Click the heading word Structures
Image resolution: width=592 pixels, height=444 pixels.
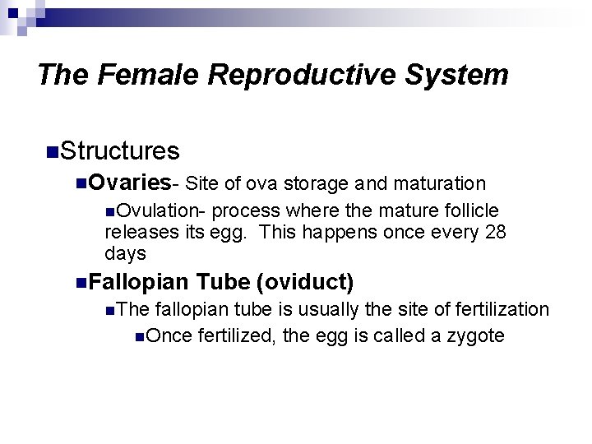coord(119,151)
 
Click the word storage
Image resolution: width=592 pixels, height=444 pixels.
coord(318,183)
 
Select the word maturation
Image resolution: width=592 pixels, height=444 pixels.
coord(439,183)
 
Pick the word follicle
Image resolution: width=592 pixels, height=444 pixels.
coord(467,210)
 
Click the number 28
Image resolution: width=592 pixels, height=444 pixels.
coord(495,232)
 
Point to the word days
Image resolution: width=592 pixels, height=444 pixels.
coord(125,253)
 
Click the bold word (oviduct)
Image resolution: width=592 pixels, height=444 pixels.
coord(305,282)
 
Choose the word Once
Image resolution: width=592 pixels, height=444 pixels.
coord(168,335)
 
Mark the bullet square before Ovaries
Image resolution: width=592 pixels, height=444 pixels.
coord(80,183)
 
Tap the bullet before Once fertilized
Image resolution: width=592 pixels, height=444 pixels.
coord(141,335)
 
